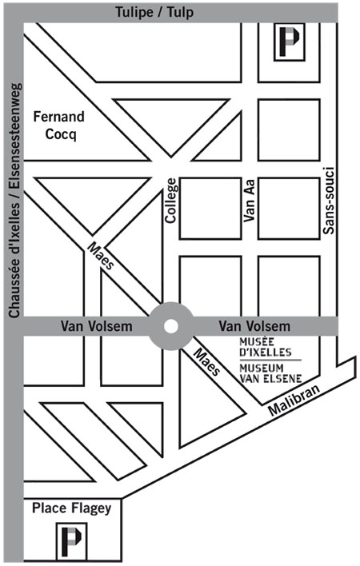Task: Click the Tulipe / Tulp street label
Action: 154,12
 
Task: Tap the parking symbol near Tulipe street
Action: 290,42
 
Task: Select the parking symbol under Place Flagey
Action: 71,540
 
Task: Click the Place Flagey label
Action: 72,508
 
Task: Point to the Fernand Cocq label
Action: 59,126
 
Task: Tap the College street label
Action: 170,201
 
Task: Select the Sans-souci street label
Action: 329,200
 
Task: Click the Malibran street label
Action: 294,400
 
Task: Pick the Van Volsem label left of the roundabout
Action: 97,326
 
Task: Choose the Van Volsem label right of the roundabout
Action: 254,326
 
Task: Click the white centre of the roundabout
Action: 170,326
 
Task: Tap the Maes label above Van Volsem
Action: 101,256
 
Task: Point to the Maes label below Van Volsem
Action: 207,362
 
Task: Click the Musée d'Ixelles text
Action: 266,347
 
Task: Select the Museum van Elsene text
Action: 270,373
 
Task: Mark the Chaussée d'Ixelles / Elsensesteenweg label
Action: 14,201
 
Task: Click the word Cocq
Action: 61,134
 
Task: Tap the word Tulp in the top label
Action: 180,13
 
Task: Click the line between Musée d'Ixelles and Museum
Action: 270,361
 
